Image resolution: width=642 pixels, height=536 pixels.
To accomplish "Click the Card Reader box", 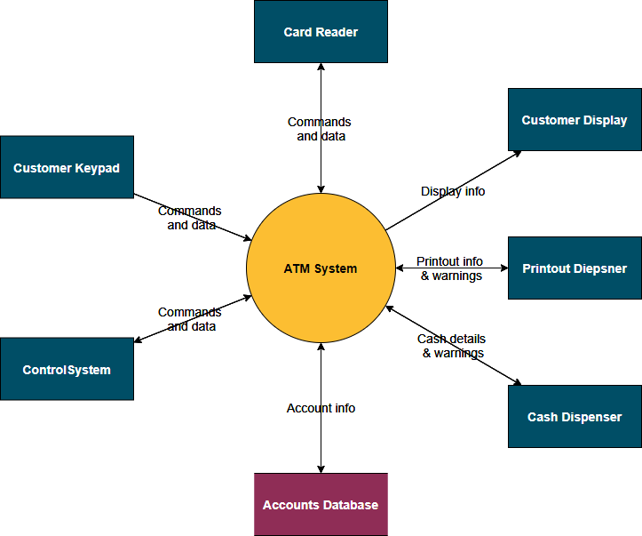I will pyautogui.click(x=321, y=32).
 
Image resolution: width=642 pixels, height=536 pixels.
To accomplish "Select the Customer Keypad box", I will pyautogui.click(x=67, y=167).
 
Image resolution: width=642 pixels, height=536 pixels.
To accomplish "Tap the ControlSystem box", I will pyautogui.click(x=67, y=369).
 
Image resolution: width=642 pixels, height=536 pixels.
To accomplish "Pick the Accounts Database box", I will pyautogui.click(x=321, y=504).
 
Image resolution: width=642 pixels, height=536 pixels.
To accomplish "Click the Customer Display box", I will pyautogui.click(x=575, y=120).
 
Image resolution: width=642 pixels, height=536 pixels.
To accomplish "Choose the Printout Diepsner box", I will pyautogui.click(x=575, y=268).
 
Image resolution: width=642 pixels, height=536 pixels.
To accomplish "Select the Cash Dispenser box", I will pyautogui.click(x=575, y=416).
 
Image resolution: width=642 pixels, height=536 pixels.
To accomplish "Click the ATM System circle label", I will pyautogui.click(x=321, y=268).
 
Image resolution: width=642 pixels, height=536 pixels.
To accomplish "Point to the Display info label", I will pyautogui.click(x=453, y=191).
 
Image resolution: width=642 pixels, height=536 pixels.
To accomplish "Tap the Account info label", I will pyautogui.click(x=321, y=408).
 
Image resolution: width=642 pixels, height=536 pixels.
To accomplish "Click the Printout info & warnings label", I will pyautogui.click(x=451, y=268).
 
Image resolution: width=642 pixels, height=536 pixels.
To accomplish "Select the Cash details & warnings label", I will pyautogui.click(x=452, y=346).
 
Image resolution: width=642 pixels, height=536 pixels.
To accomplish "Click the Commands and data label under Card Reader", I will pyautogui.click(x=320, y=129).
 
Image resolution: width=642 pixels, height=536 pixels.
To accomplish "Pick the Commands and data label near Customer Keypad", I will pyautogui.click(x=190, y=218).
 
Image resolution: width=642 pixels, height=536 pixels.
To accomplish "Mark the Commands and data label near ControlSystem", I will pyautogui.click(x=190, y=319).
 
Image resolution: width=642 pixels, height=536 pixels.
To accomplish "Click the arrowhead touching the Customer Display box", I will pyautogui.click(x=517, y=154).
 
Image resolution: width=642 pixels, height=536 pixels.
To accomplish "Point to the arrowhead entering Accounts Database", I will pyautogui.click(x=321, y=468).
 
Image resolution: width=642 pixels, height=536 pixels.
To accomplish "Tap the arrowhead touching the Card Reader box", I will pyautogui.click(x=321, y=68).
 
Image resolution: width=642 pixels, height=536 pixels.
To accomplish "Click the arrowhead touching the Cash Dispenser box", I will pyautogui.click(x=516, y=382).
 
